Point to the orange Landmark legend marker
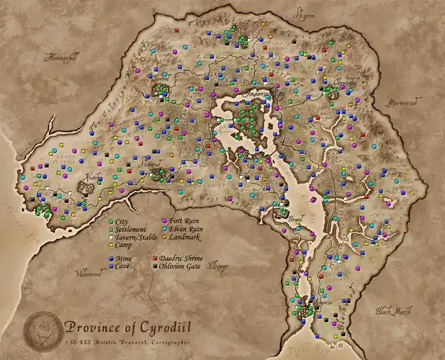pos(165,237)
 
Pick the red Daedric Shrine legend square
pos(154,257)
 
